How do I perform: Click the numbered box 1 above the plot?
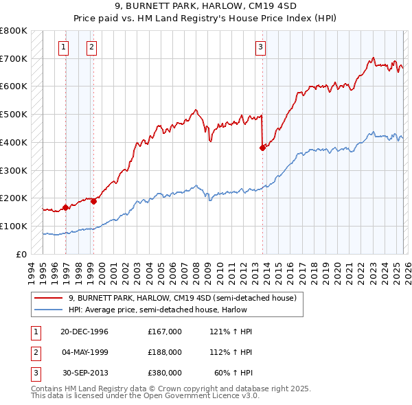[63, 47]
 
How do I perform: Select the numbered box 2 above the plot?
[91, 47]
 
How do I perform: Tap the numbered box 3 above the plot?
[261, 47]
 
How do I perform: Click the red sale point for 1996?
[66, 207]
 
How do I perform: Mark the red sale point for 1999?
[93, 201]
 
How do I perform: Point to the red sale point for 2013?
[262, 147]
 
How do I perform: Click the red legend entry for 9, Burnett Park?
[182, 298]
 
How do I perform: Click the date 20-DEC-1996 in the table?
[84, 332]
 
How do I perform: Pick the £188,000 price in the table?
[164, 352]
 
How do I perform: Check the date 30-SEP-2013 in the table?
[84, 373]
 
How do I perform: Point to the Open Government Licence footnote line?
[145, 396]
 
